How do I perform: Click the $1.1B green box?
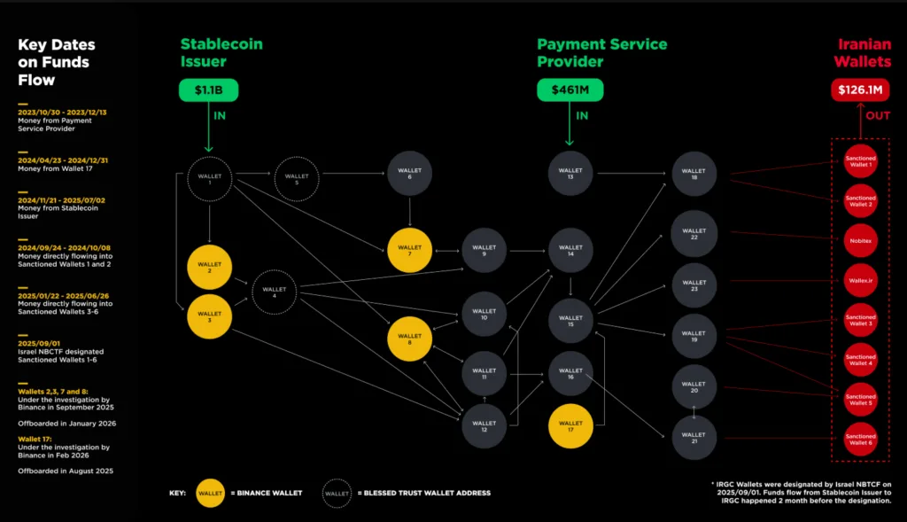coord(209,90)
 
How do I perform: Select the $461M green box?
coord(570,90)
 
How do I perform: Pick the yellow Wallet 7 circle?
coord(409,250)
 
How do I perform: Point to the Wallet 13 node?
coord(570,174)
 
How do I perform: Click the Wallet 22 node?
coord(694,234)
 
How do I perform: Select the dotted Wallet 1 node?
coord(209,180)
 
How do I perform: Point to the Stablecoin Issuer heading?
coord(221,52)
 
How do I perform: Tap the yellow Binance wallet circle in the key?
coord(210,492)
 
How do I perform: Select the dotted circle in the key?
coord(336,492)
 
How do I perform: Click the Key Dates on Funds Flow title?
coord(57,62)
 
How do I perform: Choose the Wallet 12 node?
coord(484,425)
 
